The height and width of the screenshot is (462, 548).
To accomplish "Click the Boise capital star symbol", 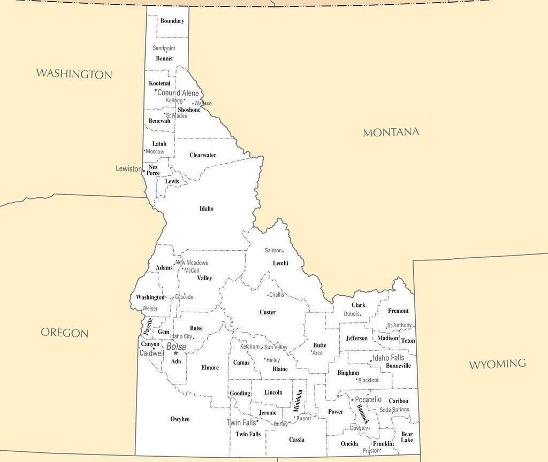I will [176, 353].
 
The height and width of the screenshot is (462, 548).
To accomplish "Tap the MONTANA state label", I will [391, 132].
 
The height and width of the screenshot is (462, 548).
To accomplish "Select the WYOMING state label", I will [497, 364].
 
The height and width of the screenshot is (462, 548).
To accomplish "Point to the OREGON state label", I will [65, 333].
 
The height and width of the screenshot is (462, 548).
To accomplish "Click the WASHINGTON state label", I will [74, 74].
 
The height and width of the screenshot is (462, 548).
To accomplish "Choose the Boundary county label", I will [172, 21].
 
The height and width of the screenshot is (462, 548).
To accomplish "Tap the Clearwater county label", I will [203, 155].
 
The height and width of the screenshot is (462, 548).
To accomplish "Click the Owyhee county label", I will [180, 419].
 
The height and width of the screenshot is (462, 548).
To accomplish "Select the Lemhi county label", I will [280, 263].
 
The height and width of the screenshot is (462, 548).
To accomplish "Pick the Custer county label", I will [268, 312].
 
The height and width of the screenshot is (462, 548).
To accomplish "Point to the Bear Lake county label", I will [407, 437].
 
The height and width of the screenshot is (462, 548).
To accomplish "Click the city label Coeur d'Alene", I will [178, 93].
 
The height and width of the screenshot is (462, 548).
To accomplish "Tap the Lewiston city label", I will [128, 168].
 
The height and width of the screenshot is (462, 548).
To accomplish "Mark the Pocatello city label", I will [368, 399].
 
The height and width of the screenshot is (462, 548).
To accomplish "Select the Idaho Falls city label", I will [389, 358].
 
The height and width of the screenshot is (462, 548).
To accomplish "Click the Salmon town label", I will [273, 250].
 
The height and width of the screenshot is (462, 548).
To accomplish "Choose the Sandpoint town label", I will [164, 48].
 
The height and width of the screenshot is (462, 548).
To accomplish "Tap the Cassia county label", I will [296, 440].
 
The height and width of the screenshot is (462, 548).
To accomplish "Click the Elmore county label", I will [210, 367].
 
